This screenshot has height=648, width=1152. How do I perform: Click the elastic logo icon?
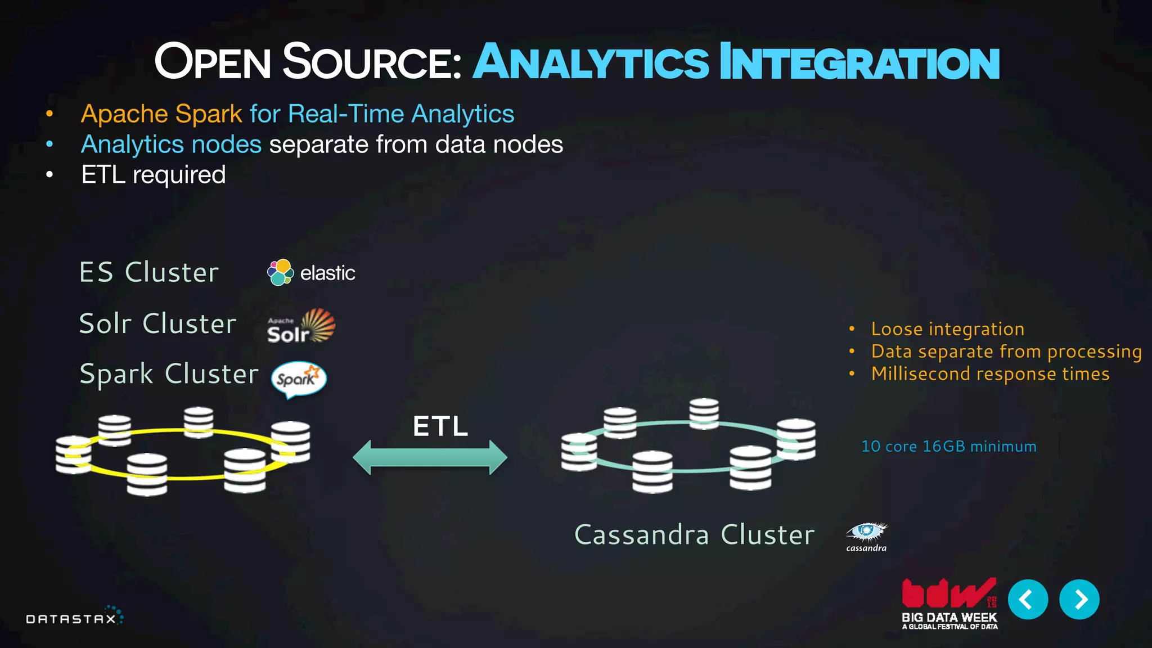[280, 273]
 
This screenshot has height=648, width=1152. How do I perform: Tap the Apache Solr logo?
[301, 326]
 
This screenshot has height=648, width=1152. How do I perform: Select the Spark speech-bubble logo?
[299, 379]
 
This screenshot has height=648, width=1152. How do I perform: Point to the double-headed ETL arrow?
[430, 457]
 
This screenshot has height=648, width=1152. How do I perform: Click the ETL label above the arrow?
[440, 426]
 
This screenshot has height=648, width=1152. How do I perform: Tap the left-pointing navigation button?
[1027, 599]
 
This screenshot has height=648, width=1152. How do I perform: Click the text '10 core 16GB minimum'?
[948, 447]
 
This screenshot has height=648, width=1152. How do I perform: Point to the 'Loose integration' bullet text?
[947, 328]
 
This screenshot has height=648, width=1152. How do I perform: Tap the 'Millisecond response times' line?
[990, 373]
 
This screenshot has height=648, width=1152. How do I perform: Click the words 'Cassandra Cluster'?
[694, 534]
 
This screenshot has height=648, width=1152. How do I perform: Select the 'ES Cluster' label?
[149, 272]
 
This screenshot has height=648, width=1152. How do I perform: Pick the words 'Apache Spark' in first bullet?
[161, 114]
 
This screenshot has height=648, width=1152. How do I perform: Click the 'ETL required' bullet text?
[153, 174]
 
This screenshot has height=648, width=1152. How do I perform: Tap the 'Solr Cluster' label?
[157, 323]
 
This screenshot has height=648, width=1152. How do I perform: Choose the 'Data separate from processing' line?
[1006, 351]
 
